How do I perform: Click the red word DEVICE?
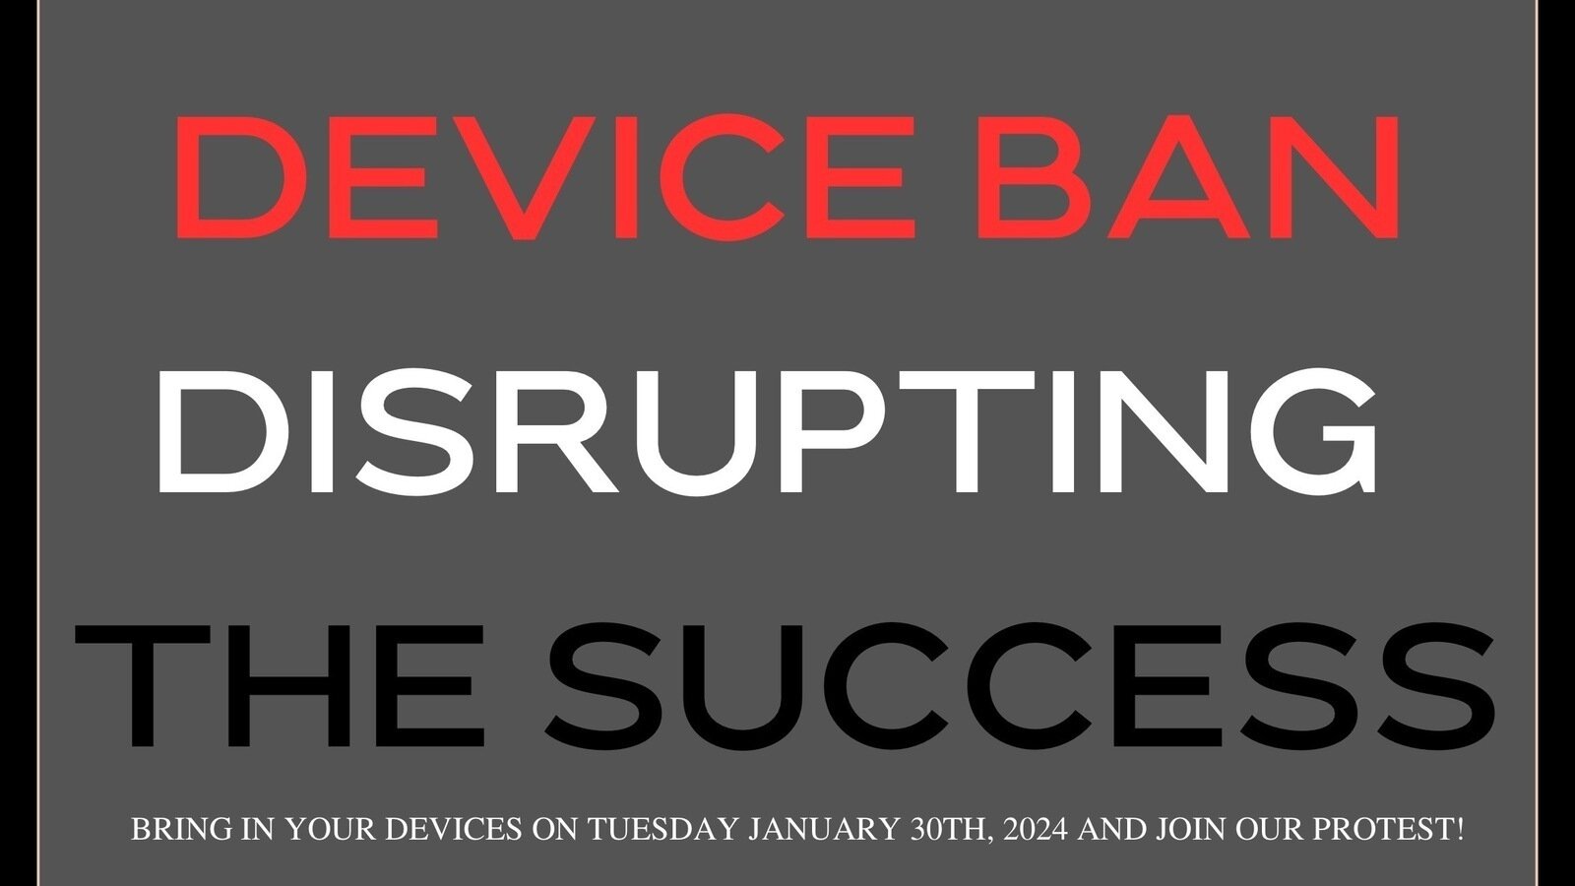[539, 179]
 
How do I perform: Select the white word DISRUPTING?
[766, 431]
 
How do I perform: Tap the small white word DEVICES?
[453, 830]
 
